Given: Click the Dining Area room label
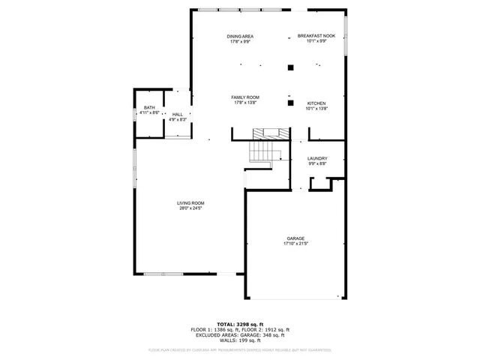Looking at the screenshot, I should pos(239,36).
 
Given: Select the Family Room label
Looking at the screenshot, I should pos(244,97).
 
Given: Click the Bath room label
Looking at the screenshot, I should pos(149,107).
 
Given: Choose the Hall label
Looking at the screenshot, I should pos(177,114).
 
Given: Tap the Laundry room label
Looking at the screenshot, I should pos(317,158).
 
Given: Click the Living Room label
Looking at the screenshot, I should pos(190,202).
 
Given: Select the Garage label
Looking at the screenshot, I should pos(295,238).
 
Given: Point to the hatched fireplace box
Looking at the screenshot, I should pos(268,133).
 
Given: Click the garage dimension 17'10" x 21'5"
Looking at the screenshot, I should pos(295,244).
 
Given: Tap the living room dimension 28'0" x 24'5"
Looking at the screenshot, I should pos(190,208).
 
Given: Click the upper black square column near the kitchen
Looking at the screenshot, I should pos(289,67).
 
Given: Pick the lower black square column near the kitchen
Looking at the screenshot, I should pos(289,103).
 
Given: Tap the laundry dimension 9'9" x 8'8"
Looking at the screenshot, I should pos(317,163).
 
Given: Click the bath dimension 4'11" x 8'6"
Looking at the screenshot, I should pos(149,112).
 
